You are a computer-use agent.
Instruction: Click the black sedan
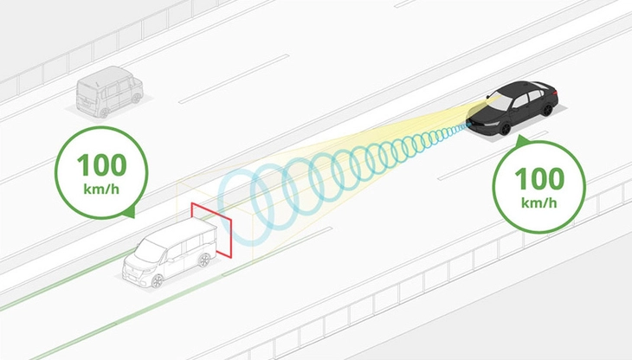pyautogui.click(x=513, y=107)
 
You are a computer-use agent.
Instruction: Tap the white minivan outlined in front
pyautogui.click(x=170, y=253)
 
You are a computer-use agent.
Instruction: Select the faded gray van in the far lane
pyautogui.click(x=109, y=93)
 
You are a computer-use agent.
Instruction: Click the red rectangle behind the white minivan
pyautogui.click(x=211, y=229)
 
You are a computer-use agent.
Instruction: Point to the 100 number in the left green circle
pyautogui.click(x=101, y=164)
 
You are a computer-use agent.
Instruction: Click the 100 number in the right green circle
pyautogui.click(x=539, y=178)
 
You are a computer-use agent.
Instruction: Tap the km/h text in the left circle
pyautogui.click(x=101, y=189)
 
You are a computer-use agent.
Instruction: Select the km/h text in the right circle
pyautogui.click(x=539, y=202)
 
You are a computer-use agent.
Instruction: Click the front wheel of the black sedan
pyautogui.click(x=506, y=129)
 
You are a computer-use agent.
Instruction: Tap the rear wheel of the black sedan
pyautogui.click(x=547, y=110)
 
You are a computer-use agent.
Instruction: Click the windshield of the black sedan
pyautogui.click(x=499, y=103)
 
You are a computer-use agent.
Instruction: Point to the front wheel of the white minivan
pyautogui.click(x=157, y=280)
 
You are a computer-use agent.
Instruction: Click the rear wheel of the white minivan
pyautogui.click(x=204, y=260)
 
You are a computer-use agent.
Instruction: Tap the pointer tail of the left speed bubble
pyautogui.click(x=132, y=214)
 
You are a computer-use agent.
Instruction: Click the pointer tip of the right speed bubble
pyautogui.click(x=520, y=136)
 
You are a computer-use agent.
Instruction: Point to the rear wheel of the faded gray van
pyautogui.click(x=104, y=113)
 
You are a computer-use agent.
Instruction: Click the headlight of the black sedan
pyautogui.click(x=490, y=124)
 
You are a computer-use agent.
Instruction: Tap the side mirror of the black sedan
pyautogui.click(x=488, y=97)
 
